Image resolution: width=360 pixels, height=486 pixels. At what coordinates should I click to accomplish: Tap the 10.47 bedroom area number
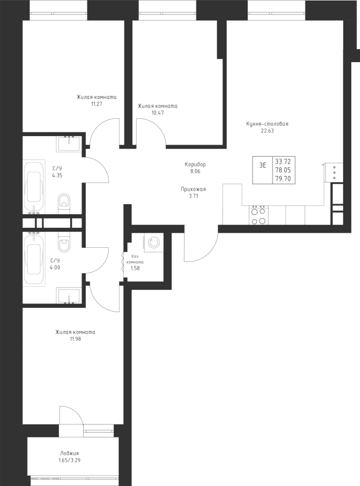tap(158, 113)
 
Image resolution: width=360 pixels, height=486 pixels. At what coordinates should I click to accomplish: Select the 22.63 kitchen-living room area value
tap(267, 130)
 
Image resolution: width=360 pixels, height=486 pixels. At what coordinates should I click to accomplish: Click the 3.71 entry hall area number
tap(194, 197)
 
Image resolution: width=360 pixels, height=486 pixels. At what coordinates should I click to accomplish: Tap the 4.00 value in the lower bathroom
tap(56, 266)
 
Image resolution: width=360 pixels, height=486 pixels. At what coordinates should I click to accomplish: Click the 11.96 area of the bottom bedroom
tap(75, 339)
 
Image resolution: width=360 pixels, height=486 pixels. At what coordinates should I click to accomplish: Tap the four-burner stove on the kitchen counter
tap(258, 215)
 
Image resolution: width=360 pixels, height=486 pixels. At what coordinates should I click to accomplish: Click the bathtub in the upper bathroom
tap(36, 186)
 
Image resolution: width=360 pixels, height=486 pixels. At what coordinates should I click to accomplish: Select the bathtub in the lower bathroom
tap(36, 259)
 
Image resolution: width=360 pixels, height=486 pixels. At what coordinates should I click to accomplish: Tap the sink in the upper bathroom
tap(69, 143)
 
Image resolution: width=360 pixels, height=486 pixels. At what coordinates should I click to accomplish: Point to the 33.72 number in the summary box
tap(282, 161)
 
